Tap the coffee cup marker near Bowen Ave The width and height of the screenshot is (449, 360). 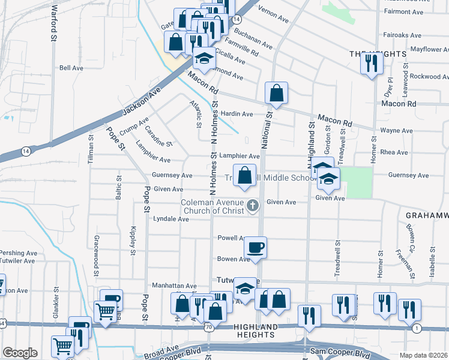pyautogui.click(x=255, y=248)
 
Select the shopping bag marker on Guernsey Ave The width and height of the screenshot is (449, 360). pyautogui.click(x=244, y=176)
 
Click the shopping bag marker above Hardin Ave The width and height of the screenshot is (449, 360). pyautogui.click(x=276, y=94)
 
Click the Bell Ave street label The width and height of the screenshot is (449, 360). pyautogui.click(x=71, y=68)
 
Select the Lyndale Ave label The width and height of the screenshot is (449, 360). pyautogui.click(x=171, y=220)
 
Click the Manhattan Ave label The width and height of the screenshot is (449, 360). pyautogui.click(x=174, y=286)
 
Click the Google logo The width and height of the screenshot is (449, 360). pyautogui.click(x=20, y=353)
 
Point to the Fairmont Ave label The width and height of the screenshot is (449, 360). pyautogui.click(x=404, y=11)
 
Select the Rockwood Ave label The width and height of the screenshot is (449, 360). pyautogui.click(x=429, y=76)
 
